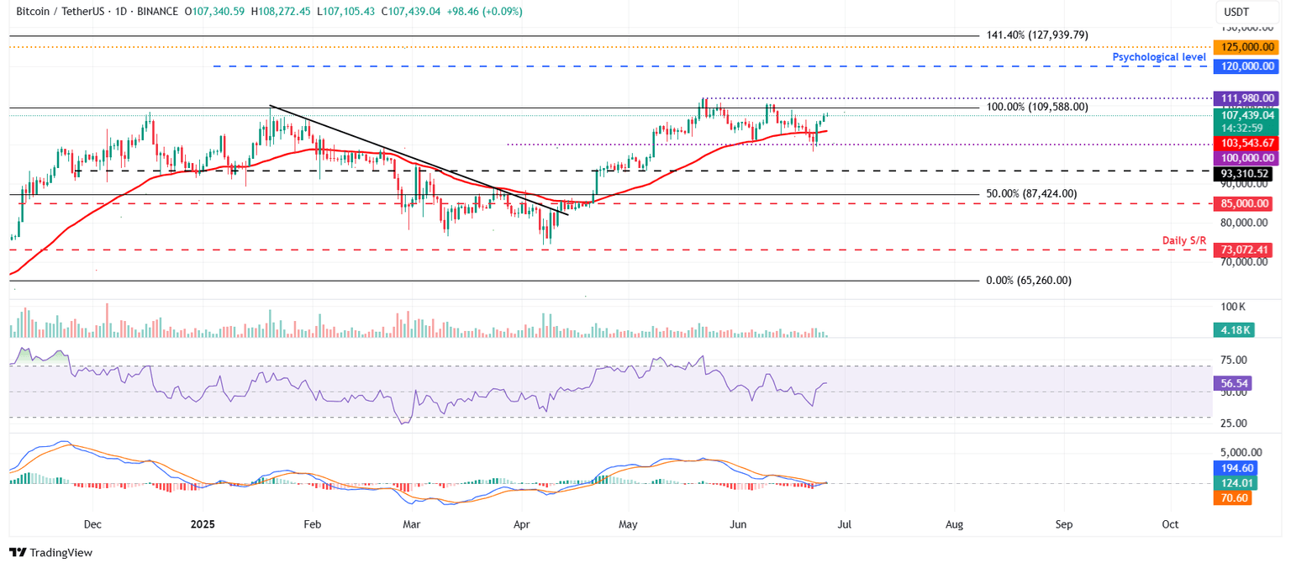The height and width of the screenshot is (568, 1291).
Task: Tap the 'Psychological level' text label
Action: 1159,57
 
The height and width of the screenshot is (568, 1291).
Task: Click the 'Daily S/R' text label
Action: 1184,241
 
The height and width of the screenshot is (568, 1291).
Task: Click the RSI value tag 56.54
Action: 1234,383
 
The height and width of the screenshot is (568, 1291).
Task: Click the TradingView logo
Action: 50,552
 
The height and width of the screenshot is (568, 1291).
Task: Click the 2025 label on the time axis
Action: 203,524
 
